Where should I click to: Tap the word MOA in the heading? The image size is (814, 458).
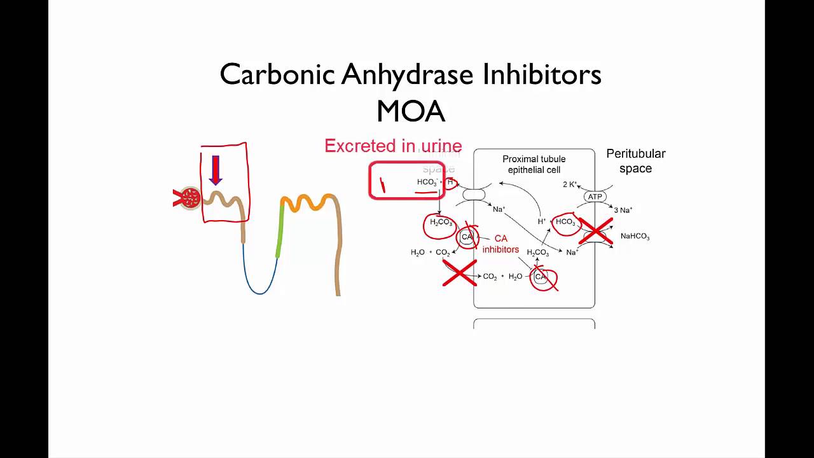click(x=410, y=112)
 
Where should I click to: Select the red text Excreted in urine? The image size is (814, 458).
click(x=393, y=146)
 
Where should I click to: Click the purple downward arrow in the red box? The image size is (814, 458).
click(x=216, y=170)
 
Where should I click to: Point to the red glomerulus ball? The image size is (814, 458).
click(x=190, y=198)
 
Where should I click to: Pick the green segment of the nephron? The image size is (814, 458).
click(x=280, y=229)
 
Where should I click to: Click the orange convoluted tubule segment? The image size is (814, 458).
click(x=309, y=203)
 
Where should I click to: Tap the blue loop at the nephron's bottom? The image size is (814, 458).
click(x=259, y=289)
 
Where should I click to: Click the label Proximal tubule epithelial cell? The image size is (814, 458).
click(x=534, y=164)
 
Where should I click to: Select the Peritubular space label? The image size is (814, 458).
click(x=635, y=161)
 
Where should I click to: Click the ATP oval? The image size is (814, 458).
click(x=595, y=197)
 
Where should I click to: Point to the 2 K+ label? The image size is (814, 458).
click(x=570, y=184)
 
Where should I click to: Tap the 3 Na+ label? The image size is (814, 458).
click(x=623, y=210)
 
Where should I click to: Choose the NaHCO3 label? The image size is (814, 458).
click(x=635, y=237)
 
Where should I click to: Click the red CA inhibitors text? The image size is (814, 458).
click(x=500, y=244)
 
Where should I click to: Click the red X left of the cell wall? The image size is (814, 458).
click(x=459, y=274)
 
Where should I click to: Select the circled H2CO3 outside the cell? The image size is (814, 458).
click(x=441, y=223)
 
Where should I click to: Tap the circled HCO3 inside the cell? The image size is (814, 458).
click(x=565, y=222)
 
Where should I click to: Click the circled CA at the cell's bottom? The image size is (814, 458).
click(x=542, y=277)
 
